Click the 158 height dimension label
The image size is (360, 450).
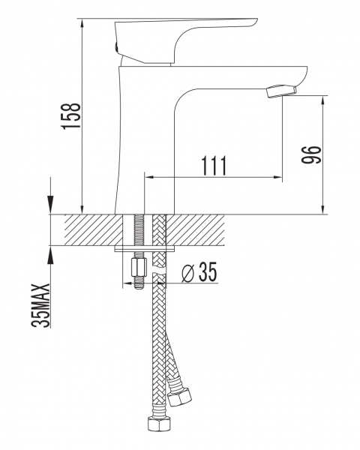point(71,116)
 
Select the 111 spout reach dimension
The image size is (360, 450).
point(214,166)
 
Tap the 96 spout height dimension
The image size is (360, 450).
point(311,154)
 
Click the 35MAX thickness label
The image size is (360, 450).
point(40,305)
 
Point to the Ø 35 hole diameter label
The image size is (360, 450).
point(199,271)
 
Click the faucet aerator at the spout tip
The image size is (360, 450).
point(281,91)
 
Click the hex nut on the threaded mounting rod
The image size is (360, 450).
point(139,267)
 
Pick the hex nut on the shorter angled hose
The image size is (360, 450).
point(180,397)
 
